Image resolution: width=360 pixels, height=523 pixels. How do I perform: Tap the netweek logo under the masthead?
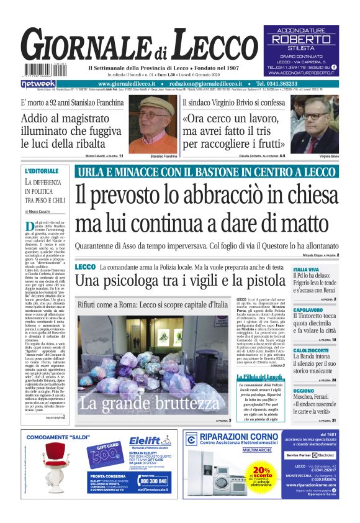click(38, 83)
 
